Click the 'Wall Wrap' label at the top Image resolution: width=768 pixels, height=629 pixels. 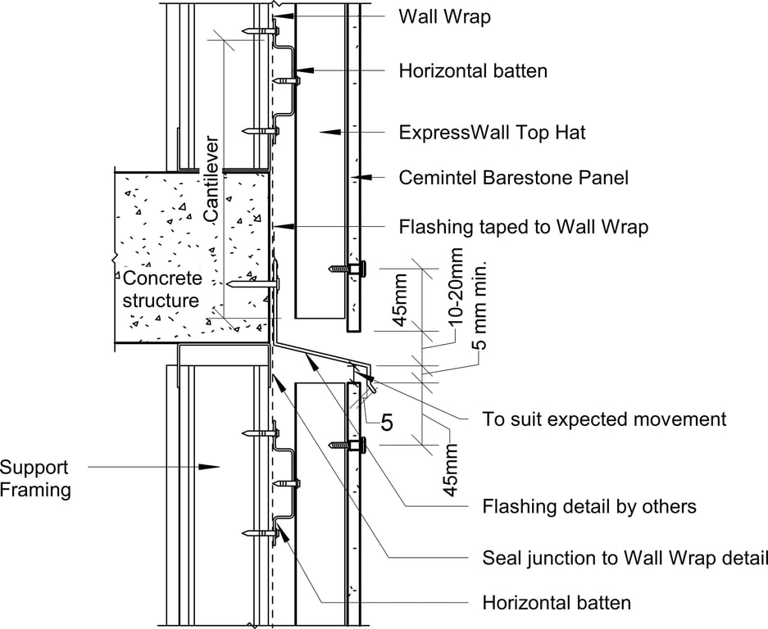click(x=444, y=16)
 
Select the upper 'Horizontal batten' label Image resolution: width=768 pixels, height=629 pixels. click(x=473, y=71)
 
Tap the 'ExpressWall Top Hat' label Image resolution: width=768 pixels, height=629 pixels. click(x=492, y=132)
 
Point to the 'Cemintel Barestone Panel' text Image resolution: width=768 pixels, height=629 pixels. click(x=513, y=177)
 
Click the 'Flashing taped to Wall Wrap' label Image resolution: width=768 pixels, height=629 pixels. click(x=523, y=227)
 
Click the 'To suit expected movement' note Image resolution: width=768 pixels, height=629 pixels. click(x=604, y=419)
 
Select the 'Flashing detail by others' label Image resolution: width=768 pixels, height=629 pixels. click(x=588, y=507)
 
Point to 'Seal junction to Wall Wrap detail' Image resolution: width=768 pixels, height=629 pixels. click(x=625, y=559)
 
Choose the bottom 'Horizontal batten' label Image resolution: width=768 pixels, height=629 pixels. click(x=557, y=604)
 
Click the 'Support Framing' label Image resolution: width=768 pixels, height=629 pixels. click(x=35, y=479)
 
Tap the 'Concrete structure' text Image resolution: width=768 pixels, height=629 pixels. click(x=161, y=290)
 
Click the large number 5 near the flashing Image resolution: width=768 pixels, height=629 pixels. click(x=387, y=423)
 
